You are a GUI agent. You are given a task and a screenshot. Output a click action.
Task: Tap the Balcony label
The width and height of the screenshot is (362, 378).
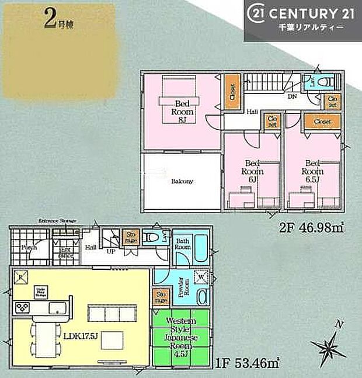point(182,181)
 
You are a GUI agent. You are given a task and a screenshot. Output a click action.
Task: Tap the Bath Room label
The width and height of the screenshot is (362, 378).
point(182,245)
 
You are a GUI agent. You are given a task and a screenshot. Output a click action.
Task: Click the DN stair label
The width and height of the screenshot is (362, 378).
point(291,97)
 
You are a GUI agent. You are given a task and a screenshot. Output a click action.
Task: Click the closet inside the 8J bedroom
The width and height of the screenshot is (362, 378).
point(232,92)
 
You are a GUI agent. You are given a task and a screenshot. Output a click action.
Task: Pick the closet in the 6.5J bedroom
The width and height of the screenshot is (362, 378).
point(322,121)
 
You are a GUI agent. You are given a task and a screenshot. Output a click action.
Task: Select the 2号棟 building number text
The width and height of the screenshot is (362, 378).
point(58,22)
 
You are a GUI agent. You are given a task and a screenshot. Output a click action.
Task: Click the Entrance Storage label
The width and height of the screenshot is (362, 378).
point(57,220)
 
